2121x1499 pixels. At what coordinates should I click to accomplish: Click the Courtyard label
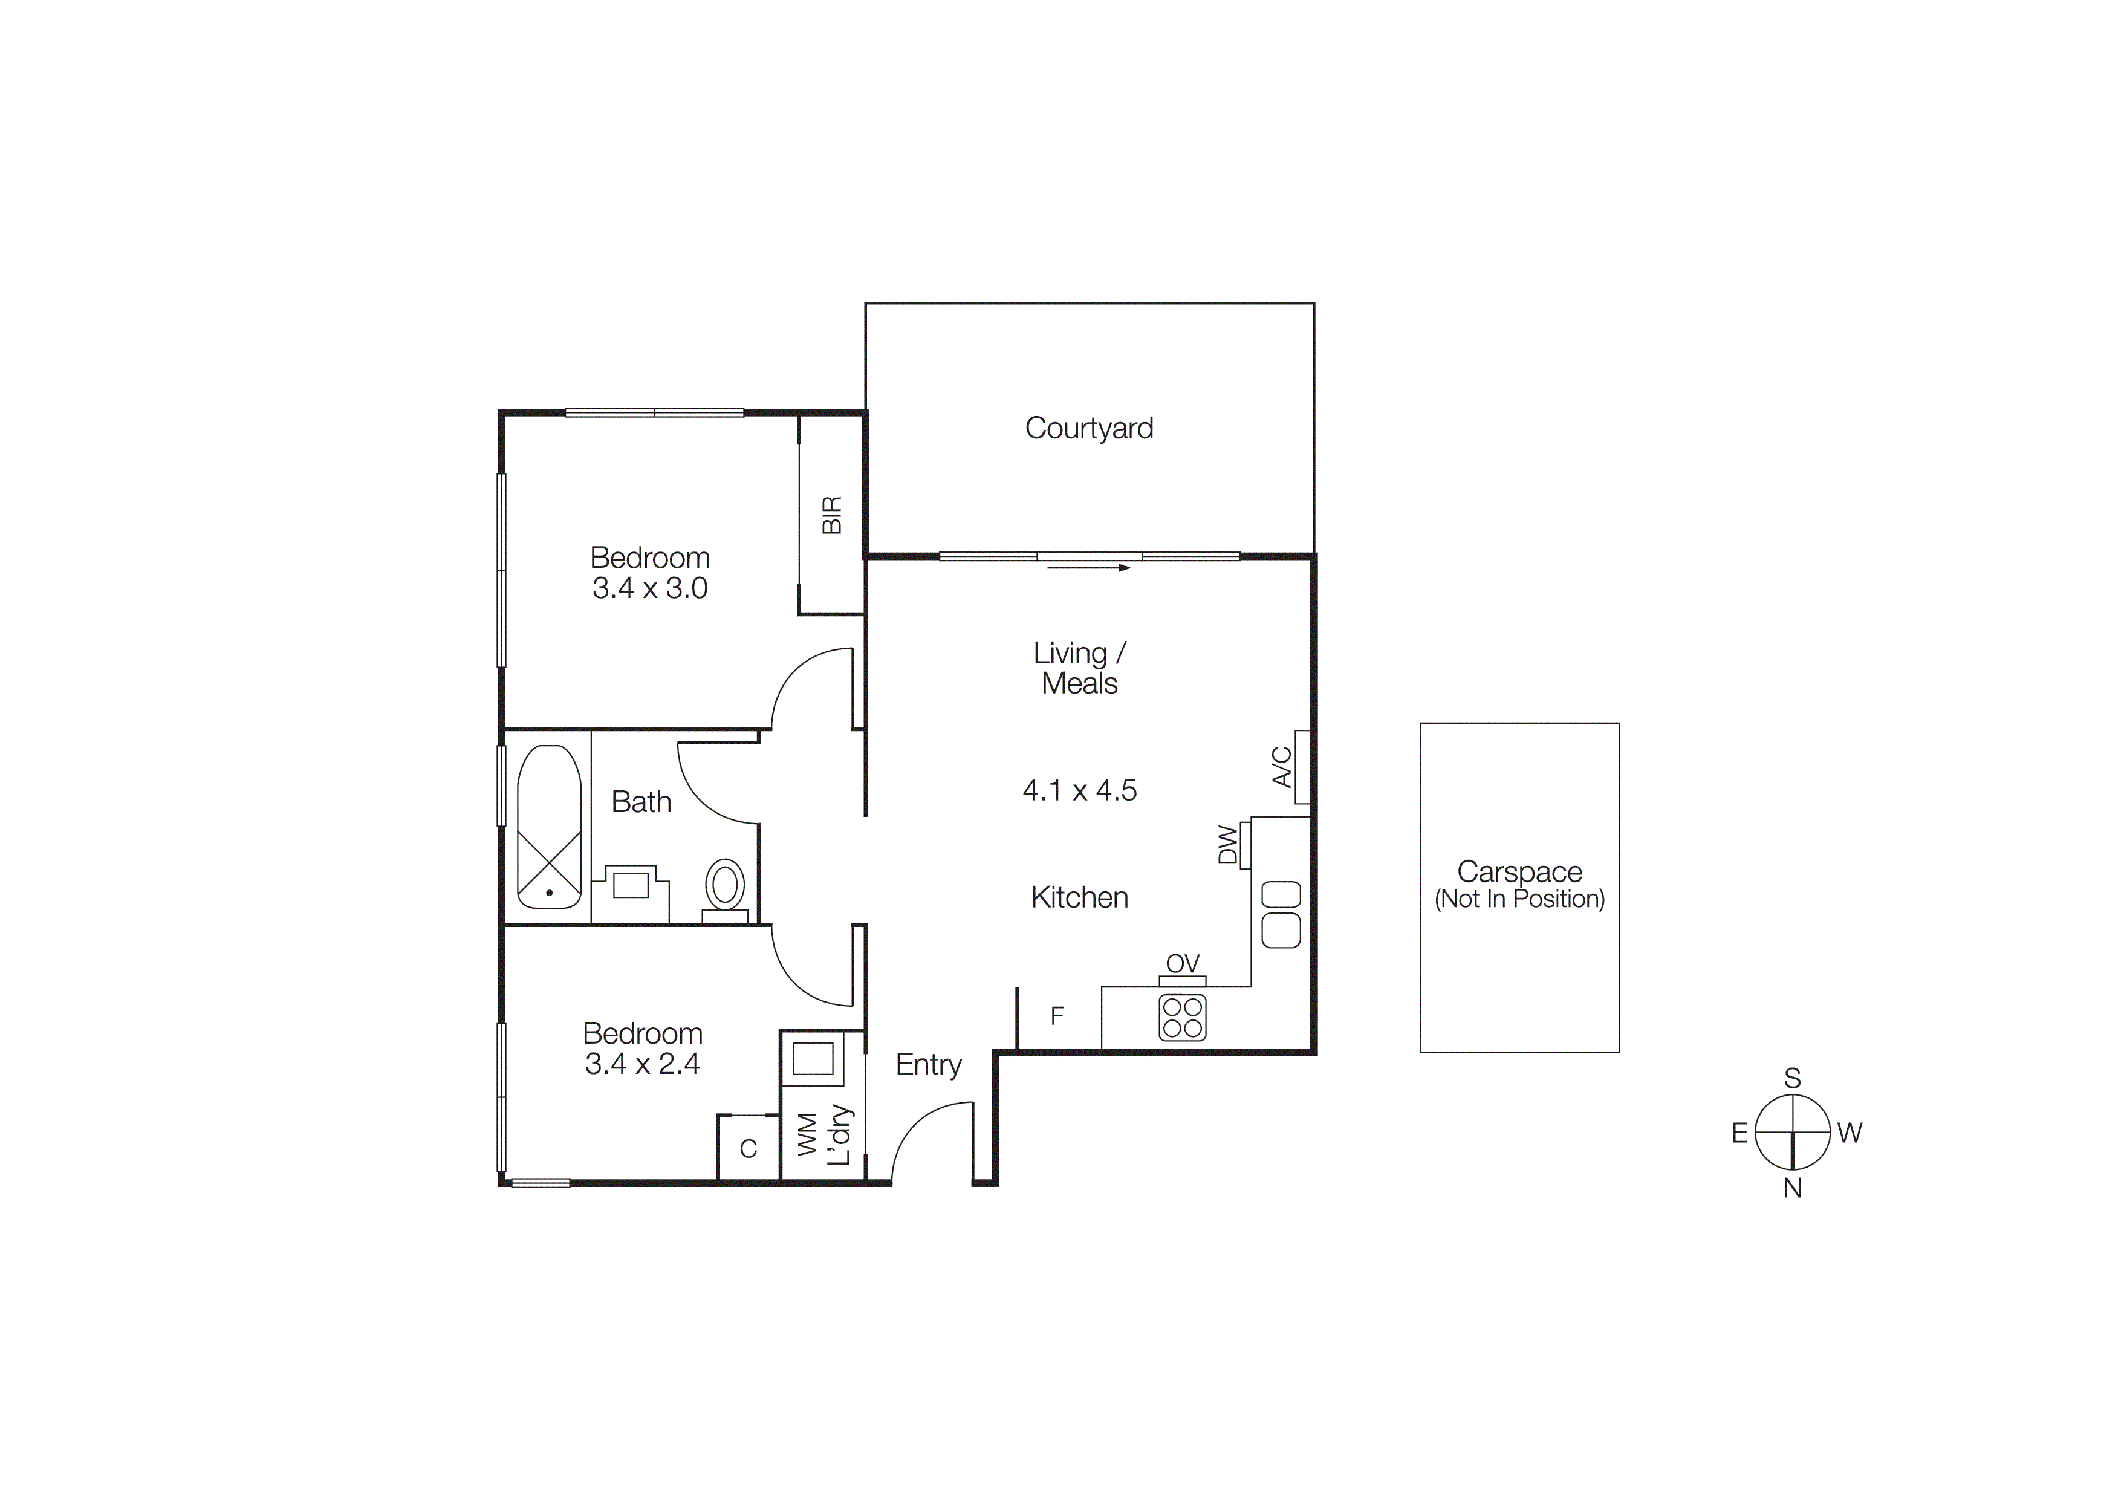coord(1088,429)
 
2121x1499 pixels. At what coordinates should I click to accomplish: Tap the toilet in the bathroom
coord(725,886)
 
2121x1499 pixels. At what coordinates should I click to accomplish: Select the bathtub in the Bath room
coord(549,827)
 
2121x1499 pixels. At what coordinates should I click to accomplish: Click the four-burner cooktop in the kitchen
coord(1183,1018)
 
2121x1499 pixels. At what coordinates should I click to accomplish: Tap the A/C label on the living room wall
coord(1281,767)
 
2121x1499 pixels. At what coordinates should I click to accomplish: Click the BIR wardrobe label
coord(831,515)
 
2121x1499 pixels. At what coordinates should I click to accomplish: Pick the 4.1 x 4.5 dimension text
coord(1079,790)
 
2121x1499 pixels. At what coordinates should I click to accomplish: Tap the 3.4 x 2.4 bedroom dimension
coord(642,1064)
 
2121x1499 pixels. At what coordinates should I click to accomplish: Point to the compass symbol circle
coord(1792,1133)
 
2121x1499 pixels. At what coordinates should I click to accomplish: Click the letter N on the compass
coord(1792,1189)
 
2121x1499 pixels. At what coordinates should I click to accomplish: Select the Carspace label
coord(1519,872)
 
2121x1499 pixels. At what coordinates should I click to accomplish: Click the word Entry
coord(929,1065)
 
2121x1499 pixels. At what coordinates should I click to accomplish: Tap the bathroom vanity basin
coord(631,885)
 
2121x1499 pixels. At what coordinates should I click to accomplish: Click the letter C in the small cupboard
coord(749,1149)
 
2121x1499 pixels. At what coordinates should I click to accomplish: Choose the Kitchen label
coord(1079,898)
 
